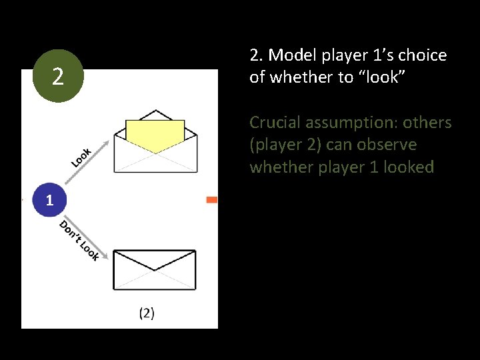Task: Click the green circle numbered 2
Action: click(x=57, y=77)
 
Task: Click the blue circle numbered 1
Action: click(x=48, y=200)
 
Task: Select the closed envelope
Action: click(x=155, y=270)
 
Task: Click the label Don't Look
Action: click(x=79, y=240)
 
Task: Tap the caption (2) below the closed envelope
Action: click(x=147, y=313)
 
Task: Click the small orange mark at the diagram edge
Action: click(x=212, y=200)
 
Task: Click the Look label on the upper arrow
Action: click(x=81, y=156)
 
